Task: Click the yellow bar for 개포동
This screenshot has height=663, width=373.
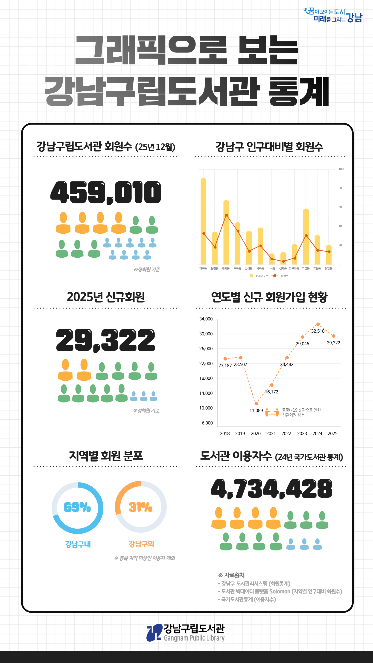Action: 203,221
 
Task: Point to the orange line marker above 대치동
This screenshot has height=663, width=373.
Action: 227,215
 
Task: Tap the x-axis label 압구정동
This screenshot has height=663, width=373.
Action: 294,268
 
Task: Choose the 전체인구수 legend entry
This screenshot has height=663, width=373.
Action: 259,276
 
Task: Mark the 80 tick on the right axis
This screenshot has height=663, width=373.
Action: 340,188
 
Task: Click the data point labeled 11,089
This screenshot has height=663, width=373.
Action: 256,404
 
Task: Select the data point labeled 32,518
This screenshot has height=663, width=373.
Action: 318,324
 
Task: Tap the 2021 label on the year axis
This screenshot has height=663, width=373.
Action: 271,433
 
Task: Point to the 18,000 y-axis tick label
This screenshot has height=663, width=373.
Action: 206,378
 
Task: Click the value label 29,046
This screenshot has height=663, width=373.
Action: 303,344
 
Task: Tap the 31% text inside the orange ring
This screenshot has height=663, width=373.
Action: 140,507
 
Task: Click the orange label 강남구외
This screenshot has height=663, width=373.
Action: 141,544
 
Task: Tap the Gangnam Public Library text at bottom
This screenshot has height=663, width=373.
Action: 194,638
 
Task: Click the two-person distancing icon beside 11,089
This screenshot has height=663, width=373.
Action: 272,412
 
